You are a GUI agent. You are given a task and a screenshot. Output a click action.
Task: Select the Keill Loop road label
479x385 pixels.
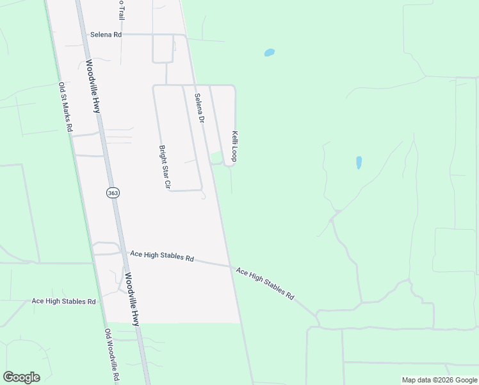tap(236, 146)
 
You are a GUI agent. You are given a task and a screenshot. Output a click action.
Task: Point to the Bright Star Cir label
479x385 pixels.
tap(163, 167)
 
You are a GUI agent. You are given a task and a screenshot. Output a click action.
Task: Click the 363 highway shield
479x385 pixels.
tap(113, 193)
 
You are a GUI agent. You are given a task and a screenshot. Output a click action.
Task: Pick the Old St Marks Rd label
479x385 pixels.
tap(65, 107)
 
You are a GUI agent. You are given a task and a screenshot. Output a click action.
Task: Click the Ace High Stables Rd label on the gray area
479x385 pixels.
tap(161, 256)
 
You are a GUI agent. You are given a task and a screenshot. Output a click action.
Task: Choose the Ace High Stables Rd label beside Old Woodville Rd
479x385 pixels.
tap(63, 301)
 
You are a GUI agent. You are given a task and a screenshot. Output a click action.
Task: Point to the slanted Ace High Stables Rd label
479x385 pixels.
tap(264, 284)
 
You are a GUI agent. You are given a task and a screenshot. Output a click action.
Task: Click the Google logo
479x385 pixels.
tap(21, 377)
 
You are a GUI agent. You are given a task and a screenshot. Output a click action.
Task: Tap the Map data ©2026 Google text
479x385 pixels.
tap(439, 380)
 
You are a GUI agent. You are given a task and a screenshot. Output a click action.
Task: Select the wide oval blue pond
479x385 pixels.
tap(270, 53)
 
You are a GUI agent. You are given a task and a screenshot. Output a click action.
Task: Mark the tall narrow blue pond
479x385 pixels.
tap(359, 162)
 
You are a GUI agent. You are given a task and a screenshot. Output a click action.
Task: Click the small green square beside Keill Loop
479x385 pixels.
tap(217, 157)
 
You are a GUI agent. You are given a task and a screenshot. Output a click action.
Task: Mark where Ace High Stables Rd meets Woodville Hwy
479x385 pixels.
tap(122, 254)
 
